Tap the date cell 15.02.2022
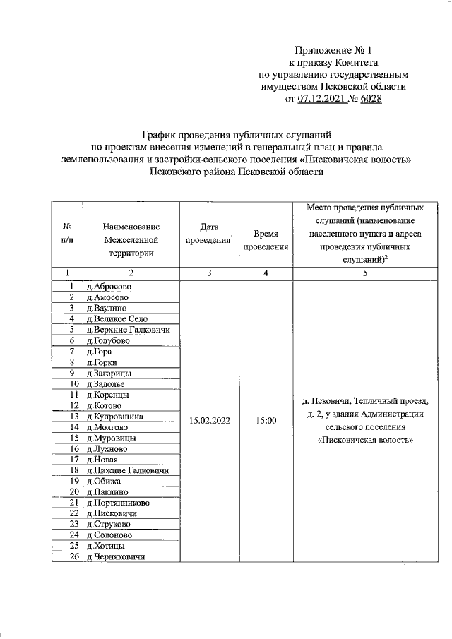[x=208, y=421]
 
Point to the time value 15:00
[x=265, y=421]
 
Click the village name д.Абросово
[x=108, y=287]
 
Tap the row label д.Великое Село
[x=117, y=318]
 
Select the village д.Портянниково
[x=117, y=503]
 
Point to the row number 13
[x=73, y=416]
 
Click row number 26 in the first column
[x=73, y=557]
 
